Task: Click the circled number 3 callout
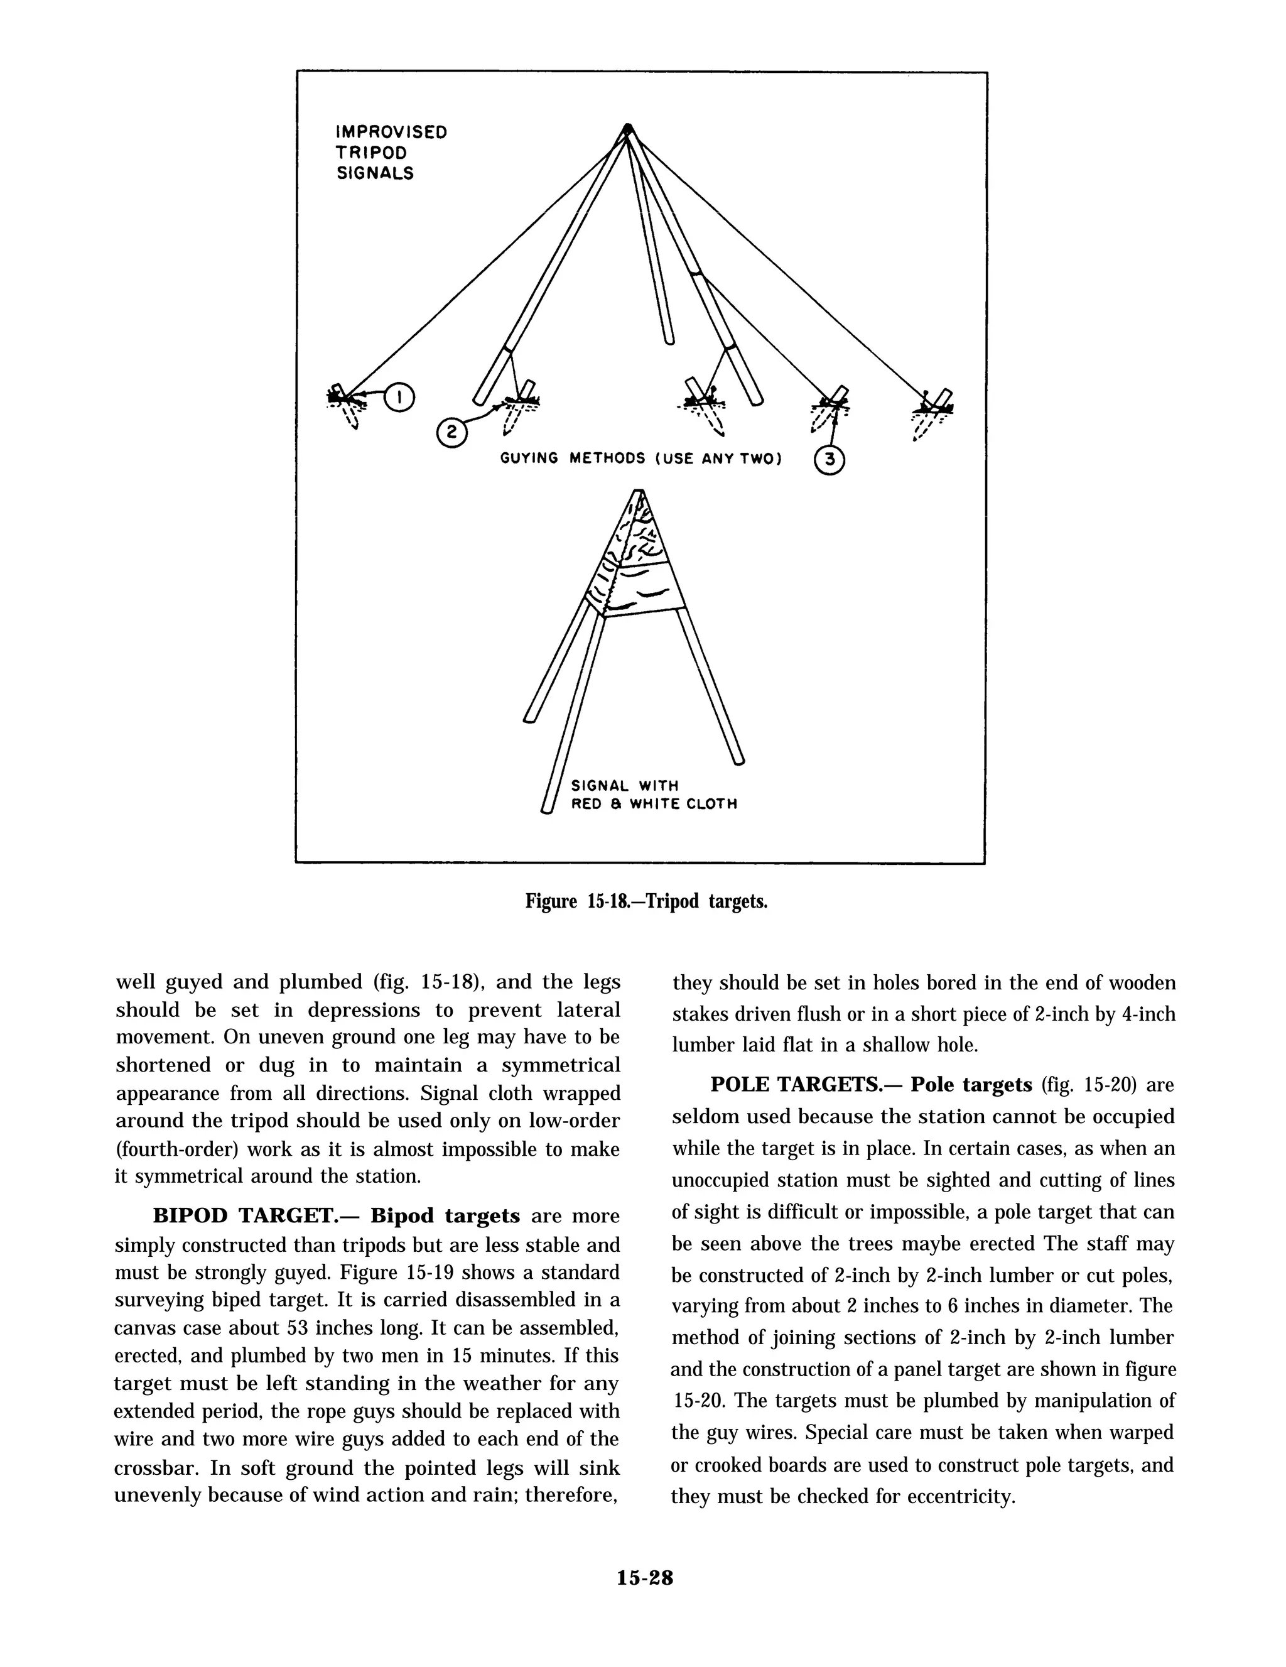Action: (830, 461)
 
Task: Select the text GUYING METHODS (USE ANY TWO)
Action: (641, 459)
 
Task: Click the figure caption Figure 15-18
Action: (646, 901)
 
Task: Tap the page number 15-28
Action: (645, 1578)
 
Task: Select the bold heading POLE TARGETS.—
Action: (804, 1085)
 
